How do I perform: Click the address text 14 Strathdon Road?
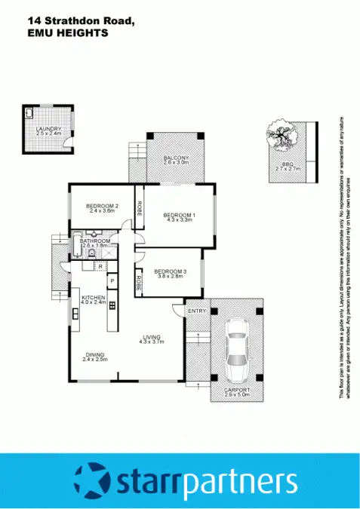[x=80, y=22]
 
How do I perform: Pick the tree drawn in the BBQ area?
[x=278, y=136]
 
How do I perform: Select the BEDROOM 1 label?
[x=179, y=216]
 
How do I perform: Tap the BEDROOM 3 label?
[x=169, y=271]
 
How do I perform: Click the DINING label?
[x=95, y=355]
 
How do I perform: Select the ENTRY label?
[x=197, y=311]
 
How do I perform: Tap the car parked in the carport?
[x=236, y=348]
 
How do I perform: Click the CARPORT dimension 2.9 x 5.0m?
[x=236, y=394]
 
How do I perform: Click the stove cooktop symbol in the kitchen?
[x=112, y=305]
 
